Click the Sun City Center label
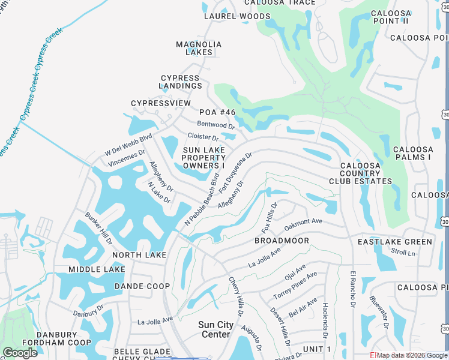click(x=215, y=329)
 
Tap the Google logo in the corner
click(x=20, y=353)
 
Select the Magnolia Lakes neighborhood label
click(x=199, y=48)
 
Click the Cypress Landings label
click(x=181, y=82)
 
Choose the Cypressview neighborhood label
click(x=161, y=103)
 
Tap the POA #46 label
click(x=218, y=112)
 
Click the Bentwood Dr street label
click(x=215, y=125)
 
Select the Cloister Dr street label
click(x=203, y=137)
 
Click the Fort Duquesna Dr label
click(x=235, y=172)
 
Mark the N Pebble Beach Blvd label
click(x=204, y=199)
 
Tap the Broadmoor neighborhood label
click(x=282, y=241)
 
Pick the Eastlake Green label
click(x=394, y=242)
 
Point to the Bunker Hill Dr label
click(x=98, y=228)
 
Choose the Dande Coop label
click(x=142, y=286)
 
